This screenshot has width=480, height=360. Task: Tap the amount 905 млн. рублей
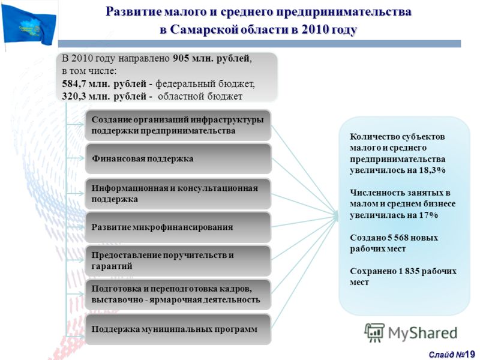coord(211,58)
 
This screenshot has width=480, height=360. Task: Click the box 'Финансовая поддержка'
coord(178,158)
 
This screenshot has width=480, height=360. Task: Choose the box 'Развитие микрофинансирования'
coord(178,227)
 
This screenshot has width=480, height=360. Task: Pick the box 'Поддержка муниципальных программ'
coord(178,329)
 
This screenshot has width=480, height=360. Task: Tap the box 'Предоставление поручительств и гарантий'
coord(178,260)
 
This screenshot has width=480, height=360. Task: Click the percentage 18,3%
coord(432,170)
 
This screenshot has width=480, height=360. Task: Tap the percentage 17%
coord(428,215)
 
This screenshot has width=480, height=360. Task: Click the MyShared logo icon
coord(374,332)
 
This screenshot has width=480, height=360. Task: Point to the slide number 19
coord(469,355)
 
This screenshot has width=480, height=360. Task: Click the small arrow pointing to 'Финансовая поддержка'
coord(75,158)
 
